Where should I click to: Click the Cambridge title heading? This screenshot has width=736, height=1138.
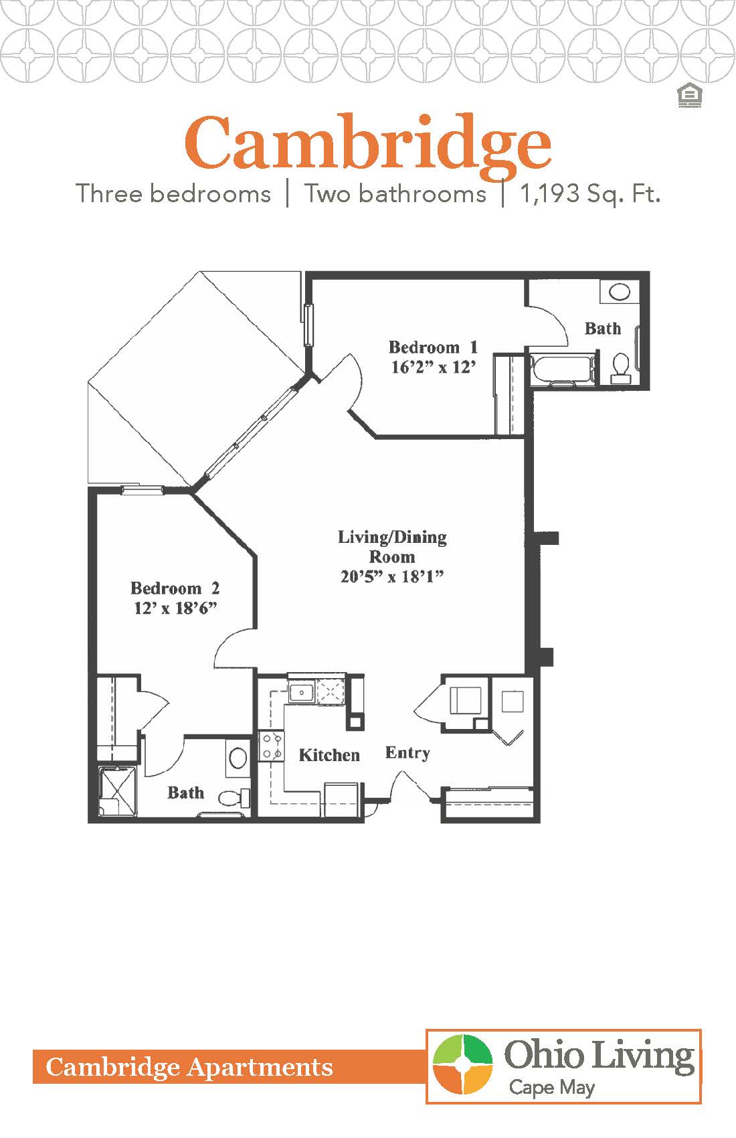368,143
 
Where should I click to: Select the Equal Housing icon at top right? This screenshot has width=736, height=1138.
688,96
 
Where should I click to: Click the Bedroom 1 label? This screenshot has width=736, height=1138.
433,347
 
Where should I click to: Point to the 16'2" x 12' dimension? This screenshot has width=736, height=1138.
433,367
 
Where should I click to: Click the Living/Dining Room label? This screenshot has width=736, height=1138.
392,546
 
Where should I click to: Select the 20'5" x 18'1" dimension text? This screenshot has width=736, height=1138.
392,576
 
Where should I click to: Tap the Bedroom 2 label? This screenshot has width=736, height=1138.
175,588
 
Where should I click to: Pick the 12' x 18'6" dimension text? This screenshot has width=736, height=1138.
175,608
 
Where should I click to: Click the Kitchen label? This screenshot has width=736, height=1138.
329,755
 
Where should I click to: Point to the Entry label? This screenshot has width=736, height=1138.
407,752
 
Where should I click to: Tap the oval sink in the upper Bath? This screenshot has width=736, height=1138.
620,292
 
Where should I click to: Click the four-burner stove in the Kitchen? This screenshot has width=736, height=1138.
272,746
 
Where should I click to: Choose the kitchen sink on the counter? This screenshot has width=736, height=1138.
302,692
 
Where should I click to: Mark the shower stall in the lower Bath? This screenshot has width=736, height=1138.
118,791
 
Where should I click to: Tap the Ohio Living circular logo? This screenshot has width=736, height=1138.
463,1065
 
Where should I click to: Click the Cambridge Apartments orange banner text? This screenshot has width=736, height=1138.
189,1067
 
